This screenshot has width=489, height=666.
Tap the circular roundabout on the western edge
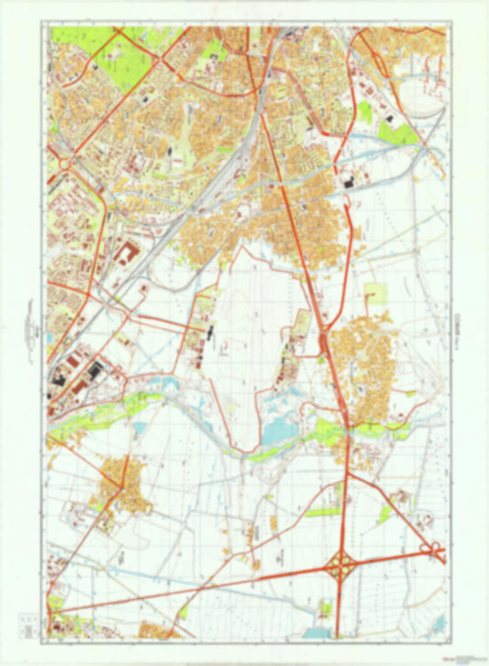pos(63,164)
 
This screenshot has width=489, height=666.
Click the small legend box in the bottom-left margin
pos(30,633)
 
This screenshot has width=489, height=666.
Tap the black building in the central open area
pos(210,327)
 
